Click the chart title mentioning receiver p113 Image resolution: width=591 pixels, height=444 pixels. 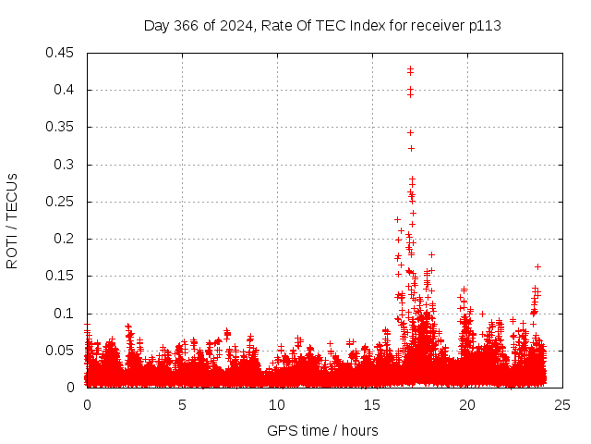click(322, 25)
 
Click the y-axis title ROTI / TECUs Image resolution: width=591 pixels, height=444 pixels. click(12, 220)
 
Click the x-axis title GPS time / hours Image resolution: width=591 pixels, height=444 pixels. click(322, 430)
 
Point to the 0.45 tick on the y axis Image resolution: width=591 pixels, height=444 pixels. click(63, 53)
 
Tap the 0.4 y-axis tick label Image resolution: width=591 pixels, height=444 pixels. click(66, 90)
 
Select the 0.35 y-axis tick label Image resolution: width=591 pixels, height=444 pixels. click(63, 127)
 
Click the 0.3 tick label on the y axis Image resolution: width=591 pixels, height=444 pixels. click(66, 165)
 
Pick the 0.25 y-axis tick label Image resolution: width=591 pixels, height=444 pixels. click(63, 202)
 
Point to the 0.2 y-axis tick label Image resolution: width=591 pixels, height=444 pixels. click(66, 239)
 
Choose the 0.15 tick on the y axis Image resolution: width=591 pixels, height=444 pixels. click(63, 276)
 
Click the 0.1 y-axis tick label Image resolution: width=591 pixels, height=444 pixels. click(66, 314)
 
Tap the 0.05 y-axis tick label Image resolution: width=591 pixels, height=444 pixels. click(63, 351)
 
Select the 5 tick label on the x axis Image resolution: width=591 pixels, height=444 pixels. click(182, 405)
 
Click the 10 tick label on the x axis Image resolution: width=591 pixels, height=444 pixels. click(277, 405)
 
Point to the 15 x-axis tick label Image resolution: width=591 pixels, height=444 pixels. click(372, 405)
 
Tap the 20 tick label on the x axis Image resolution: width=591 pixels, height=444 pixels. click(467, 405)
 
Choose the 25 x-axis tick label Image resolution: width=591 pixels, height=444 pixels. click(562, 405)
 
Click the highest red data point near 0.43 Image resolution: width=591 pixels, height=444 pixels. click(410, 68)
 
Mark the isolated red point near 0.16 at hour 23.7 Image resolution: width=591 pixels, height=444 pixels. click(537, 266)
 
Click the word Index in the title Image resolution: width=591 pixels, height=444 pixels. click(368, 25)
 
